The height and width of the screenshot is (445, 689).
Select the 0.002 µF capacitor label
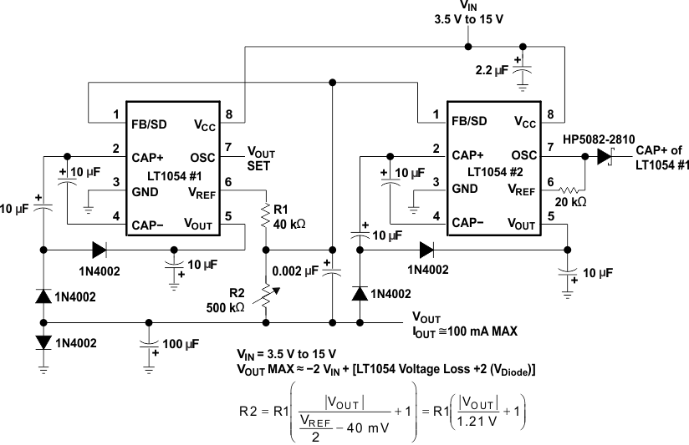click(x=297, y=271)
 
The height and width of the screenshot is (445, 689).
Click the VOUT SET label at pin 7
click(x=259, y=159)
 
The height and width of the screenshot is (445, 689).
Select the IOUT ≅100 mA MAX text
click(x=464, y=331)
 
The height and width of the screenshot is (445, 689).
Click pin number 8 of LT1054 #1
click(x=228, y=114)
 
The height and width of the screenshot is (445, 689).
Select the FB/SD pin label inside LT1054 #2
click(x=468, y=120)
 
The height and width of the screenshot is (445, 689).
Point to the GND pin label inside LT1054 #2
click(x=466, y=189)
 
